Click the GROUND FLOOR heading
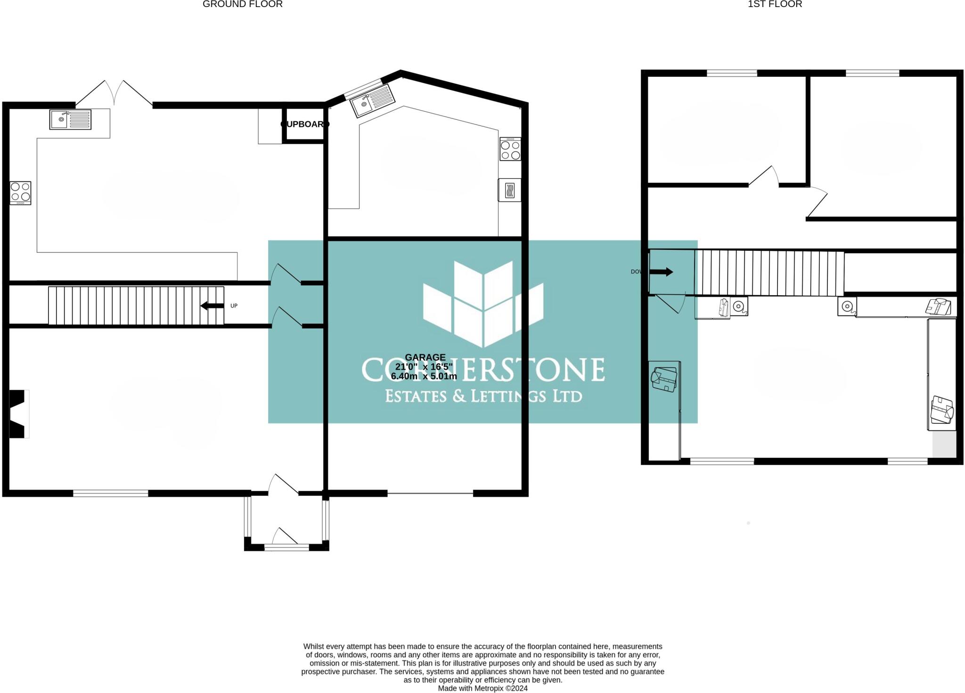point(242,4)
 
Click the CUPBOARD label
point(304,124)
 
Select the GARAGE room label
point(425,357)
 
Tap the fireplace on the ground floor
point(19,414)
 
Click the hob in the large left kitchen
point(20,193)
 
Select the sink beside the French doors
point(70,119)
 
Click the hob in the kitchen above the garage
point(510,149)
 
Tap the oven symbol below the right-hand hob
point(510,190)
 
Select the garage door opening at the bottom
point(430,494)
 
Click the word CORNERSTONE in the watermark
point(483,370)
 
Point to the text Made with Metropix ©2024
point(482,688)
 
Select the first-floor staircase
point(769,273)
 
